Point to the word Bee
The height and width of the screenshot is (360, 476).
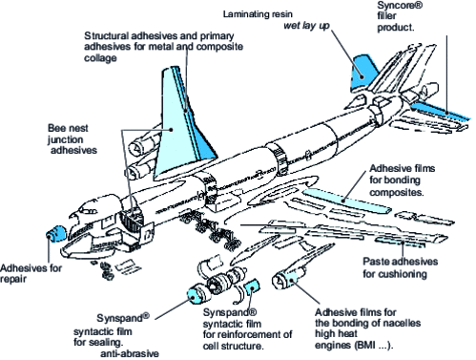(56, 126)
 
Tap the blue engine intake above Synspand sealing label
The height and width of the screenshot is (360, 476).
(197, 292)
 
